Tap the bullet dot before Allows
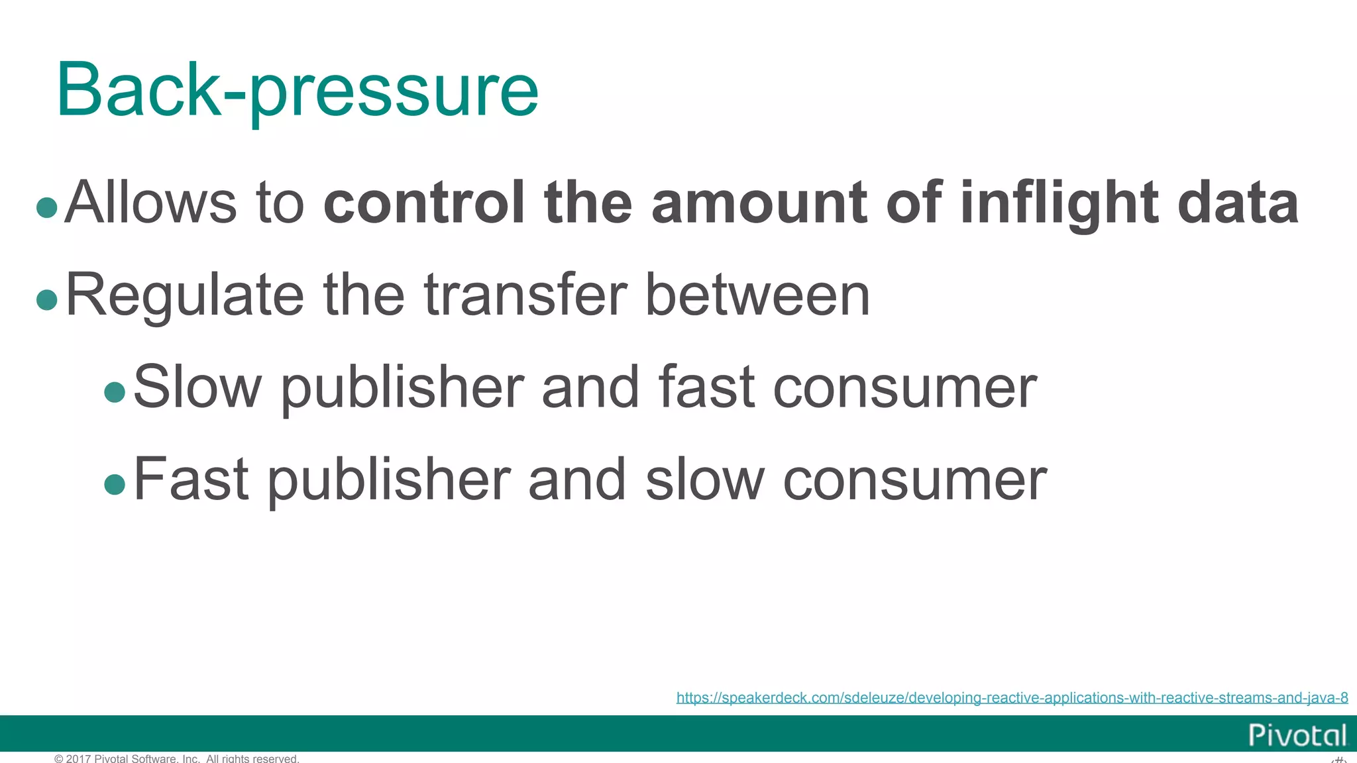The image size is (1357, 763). [x=47, y=207]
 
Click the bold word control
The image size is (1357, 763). [x=424, y=202]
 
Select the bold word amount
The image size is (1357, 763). [x=759, y=202]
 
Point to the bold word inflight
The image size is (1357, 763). [x=1059, y=203]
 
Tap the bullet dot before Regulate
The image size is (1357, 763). [x=47, y=299]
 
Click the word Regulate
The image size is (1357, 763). [x=185, y=295]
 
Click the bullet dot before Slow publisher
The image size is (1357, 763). [x=115, y=391]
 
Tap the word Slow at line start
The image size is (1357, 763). [x=197, y=387]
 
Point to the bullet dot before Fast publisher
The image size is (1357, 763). [x=115, y=483]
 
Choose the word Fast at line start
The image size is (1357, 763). [x=191, y=479]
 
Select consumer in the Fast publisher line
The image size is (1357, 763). [x=915, y=479]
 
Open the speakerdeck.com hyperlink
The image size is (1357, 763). [x=1012, y=697]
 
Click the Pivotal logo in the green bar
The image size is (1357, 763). [x=1297, y=735]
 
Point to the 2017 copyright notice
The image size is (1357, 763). [x=177, y=758]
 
